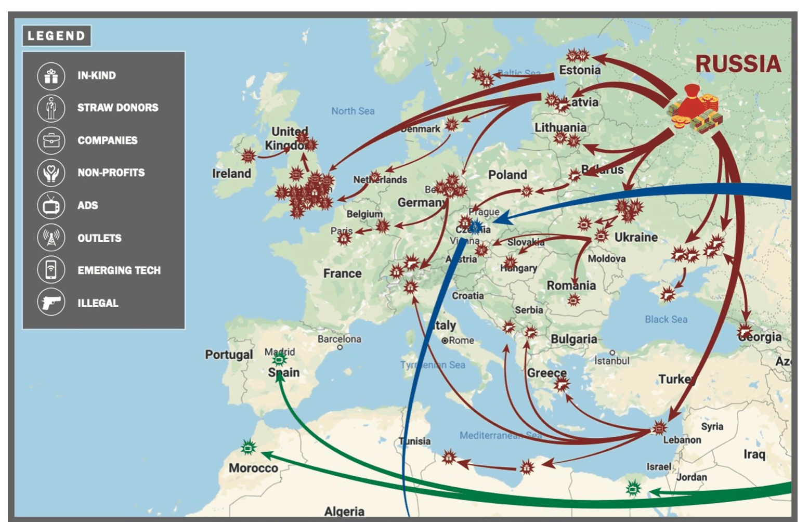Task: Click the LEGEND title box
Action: (x=56, y=35)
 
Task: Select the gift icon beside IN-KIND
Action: (x=51, y=76)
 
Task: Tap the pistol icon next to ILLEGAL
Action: (x=51, y=302)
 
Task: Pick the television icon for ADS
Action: (x=51, y=206)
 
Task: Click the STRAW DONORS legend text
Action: (x=118, y=108)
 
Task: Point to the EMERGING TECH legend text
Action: (x=119, y=270)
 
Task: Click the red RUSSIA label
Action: (x=738, y=64)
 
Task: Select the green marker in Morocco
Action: (x=249, y=447)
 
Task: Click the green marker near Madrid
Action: (x=280, y=359)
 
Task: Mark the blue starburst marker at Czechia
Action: (x=475, y=227)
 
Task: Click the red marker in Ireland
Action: (x=249, y=155)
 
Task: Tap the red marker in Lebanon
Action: (x=659, y=428)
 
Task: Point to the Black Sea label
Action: (x=666, y=319)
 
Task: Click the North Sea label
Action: (x=353, y=111)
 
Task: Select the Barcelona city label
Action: (x=339, y=339)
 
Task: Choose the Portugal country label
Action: (x=228, y=355)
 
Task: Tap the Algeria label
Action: (x=344, y=512)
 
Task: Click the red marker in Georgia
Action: (x=745, y=331)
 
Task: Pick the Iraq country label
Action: (x=754, y=454)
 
